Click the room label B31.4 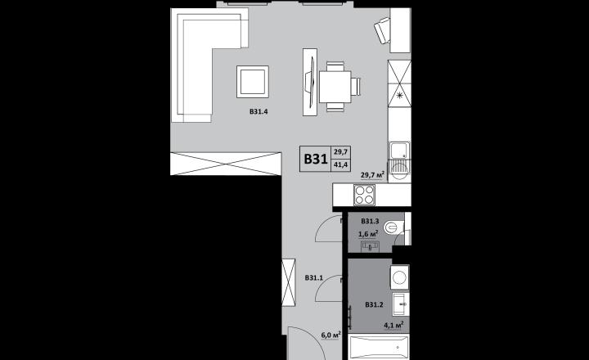259,111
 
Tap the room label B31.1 314,277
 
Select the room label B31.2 374,304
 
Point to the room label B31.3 370,221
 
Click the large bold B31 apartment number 316,159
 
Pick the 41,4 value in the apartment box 340,164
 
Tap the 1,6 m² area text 368,234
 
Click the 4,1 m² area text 393,325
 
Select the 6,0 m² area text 331,335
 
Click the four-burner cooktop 364,195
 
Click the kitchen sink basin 399,151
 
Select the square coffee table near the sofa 253,82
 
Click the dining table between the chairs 335,87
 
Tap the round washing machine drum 400,277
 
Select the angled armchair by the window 382,30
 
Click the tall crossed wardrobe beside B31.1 289,282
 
